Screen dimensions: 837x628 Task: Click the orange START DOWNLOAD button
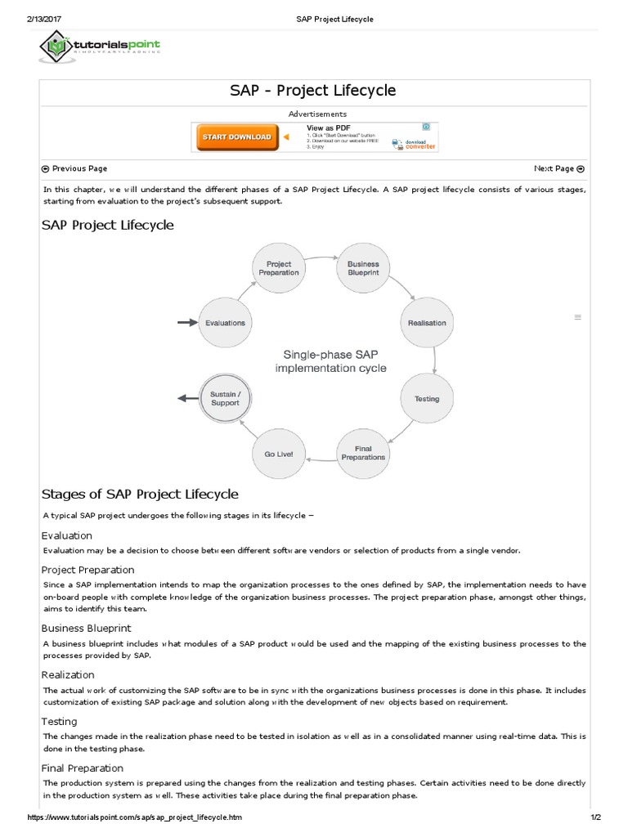(x=236, y=137)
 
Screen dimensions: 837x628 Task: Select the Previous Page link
(x=74, y=169)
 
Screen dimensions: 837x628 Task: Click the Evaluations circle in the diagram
(x=225, y=323)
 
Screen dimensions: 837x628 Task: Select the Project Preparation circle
(x=279, y=269)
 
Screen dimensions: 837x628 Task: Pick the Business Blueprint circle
(x=363, y=269)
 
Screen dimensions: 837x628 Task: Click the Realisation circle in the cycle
(x=427, y=323)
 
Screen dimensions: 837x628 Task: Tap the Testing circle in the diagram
(x=427, y=399)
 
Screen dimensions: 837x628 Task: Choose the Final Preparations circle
(x=363, y=453)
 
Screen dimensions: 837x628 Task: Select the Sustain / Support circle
(x=225, y=399)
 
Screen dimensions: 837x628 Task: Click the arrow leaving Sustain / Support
(x=187, y=399)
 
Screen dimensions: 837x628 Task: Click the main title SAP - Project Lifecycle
(x=314, y=90)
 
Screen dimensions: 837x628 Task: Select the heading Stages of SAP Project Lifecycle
(x=140, y=494)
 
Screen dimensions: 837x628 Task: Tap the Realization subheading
(x=68, y=675)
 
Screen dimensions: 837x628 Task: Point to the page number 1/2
(x=594, y=817)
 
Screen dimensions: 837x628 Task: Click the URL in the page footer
(x=135, y=817)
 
